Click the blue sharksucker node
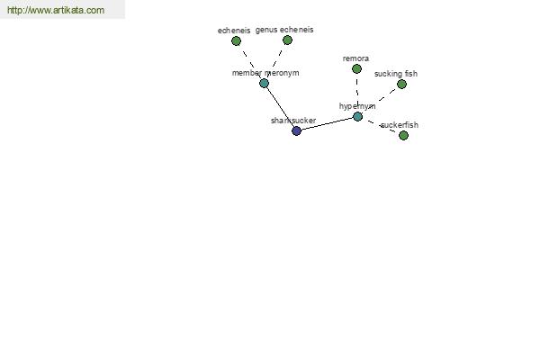(296, 130)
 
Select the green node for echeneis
(236, 41)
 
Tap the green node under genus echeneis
(287, 40)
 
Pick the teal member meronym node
(264, 83)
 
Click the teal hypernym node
(358, 116)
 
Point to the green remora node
(356, 69)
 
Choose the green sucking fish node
(401, 84)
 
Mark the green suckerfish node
(403, 135)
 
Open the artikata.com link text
(56, 10)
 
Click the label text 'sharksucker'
(293, 121)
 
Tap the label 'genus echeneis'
(284, 30)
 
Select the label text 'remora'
(355, 58)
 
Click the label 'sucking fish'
(396, 74)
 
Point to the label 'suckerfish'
(400, 125)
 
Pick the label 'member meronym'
(265, 73)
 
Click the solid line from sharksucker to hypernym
(328, 123)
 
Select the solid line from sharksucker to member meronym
(280, 107)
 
